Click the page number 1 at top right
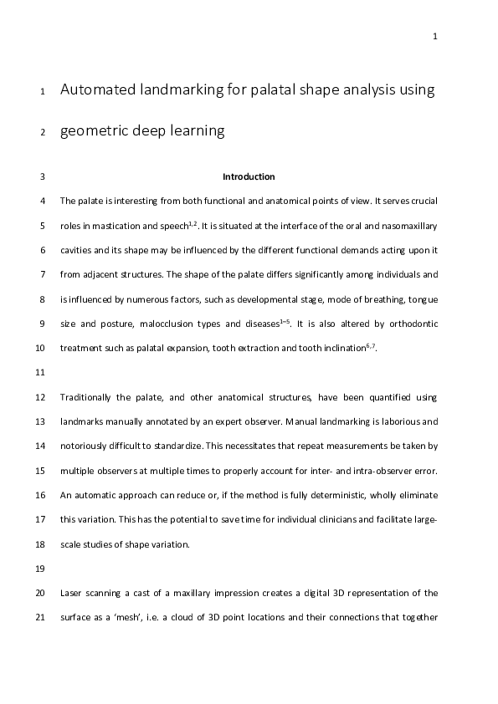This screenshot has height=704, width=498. point(435,36)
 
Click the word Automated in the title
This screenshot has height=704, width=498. point(99,90)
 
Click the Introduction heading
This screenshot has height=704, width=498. point(249,177)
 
